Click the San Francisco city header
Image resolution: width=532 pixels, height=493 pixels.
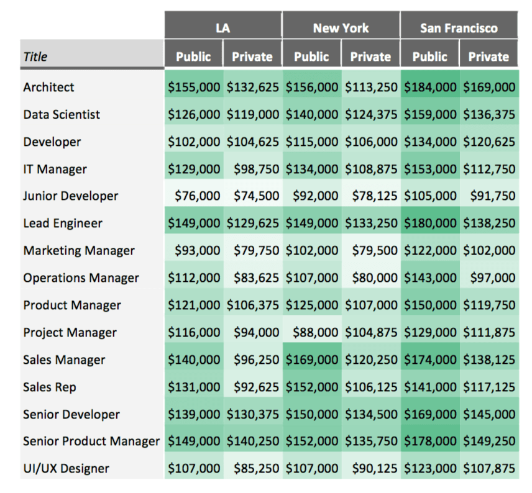(459, 28)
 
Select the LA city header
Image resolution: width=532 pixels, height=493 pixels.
(222, 28)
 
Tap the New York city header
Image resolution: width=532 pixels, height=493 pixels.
(341, 28)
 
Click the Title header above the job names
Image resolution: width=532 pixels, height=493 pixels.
(35, 57)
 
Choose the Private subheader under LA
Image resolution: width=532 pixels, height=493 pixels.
(252, 57)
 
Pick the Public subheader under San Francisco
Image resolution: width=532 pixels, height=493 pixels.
(429, 57)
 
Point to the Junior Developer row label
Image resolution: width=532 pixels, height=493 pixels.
(71, 196)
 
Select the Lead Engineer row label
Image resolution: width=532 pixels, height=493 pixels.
(63, 223)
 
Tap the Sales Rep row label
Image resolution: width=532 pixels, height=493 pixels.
(50, 387)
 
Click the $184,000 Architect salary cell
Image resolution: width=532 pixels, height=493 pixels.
(430, 88)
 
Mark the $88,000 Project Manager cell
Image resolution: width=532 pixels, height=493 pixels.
(312, 332)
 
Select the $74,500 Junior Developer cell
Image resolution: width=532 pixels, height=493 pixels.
(252, 196)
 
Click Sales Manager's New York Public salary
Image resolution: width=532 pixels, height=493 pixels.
(312, 360)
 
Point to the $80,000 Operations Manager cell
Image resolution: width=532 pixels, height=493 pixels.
(371, 278)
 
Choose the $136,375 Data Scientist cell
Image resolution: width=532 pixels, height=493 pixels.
(488, 115)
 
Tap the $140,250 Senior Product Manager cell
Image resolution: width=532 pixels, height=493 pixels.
(252, 441)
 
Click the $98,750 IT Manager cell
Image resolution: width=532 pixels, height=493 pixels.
(252, 169)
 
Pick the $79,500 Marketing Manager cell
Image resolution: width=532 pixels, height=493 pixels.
(371, 250)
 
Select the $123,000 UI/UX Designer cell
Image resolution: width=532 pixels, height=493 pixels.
(430, 469)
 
